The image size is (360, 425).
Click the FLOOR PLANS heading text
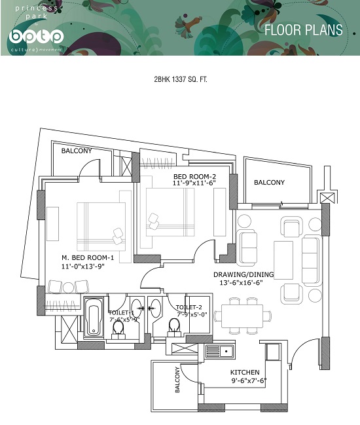tap(304, 30)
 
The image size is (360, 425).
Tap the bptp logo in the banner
tap(36, 37)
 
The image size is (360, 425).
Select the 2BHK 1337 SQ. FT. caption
tap(181, 80)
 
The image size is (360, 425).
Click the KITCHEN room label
tap(245, 372)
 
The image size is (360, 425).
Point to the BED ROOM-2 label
tap(194, 176)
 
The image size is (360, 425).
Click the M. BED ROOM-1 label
tap(88, 257)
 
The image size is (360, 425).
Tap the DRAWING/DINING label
tap(243, 274)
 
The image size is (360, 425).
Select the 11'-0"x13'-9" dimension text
tap(83, 267)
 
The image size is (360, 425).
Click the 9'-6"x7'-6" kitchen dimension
tap(249, 380)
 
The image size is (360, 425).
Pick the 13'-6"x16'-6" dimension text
tap(241, 283)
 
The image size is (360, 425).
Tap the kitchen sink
tap(219, 351)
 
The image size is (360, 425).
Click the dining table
tap(242, 316)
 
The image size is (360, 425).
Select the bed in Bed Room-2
tap(170, 212)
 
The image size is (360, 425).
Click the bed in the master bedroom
tap(101, 227)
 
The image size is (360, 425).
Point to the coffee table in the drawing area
tap(283, 260)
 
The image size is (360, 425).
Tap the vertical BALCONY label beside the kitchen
tap(177, 380)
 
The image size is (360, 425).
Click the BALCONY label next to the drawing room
tap(269, 183)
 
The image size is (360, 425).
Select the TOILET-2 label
tap(189, 307)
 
